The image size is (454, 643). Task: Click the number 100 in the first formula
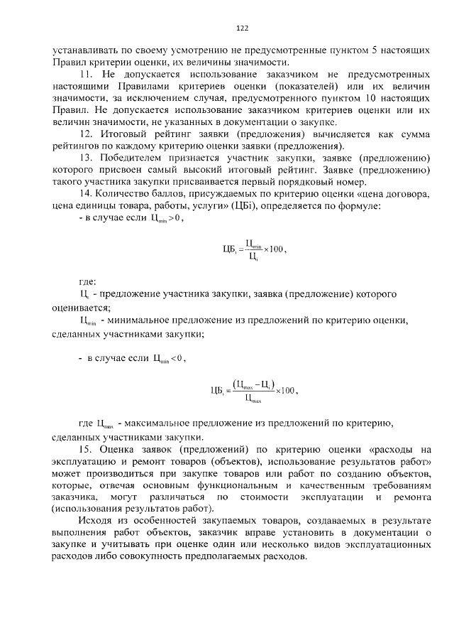[x=276, y=249]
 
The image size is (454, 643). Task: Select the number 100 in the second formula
[x=286, y=389]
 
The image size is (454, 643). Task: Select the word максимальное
[x=162, y=423]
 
